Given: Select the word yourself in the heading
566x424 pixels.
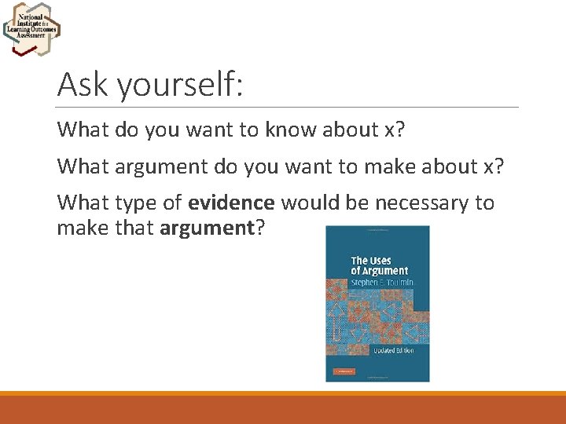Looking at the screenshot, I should pyautogui.click(x=180, y=84).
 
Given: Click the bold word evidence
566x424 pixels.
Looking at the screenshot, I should pyautogui.click(x=231, y=203).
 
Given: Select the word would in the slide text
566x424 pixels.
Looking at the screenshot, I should pyautogui.click(x=306, y=203).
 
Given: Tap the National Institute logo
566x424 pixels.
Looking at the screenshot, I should pyautogui.click(x=31, y=28).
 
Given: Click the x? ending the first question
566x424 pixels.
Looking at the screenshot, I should pyautogui.click(x=395, y=129).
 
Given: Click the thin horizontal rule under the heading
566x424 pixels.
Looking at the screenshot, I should pyautogui.click(x=288, y=107).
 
